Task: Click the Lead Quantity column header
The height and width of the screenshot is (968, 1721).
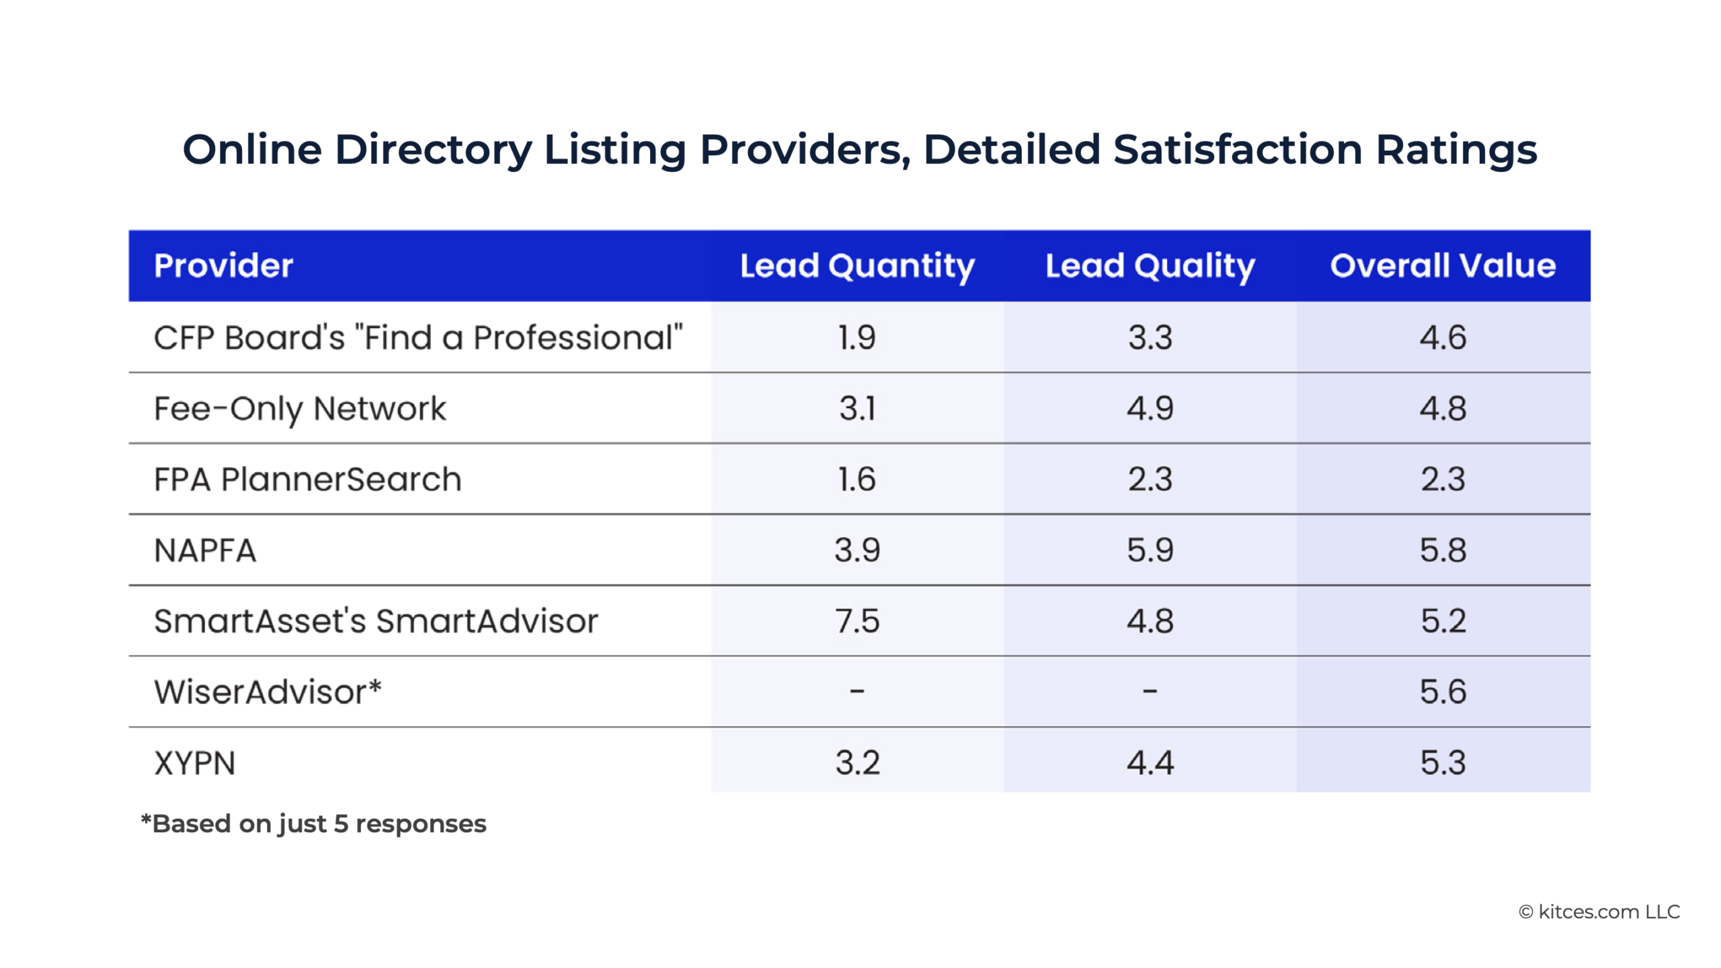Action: tap(857, 266)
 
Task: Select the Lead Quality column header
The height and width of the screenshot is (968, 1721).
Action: tap(1150, 266)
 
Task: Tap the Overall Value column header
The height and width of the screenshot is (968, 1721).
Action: tap(1443, 266)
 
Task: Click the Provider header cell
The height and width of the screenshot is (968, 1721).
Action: tap(223, 266)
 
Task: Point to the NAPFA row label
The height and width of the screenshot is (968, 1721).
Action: tap(205, 551)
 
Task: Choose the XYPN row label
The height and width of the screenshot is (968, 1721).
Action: tap(195, 763)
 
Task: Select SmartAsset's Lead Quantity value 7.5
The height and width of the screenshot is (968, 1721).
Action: tap(857, 621)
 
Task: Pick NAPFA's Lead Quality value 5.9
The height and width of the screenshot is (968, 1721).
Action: tap(1150, 551)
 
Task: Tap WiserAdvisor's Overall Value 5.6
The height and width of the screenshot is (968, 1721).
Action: tap(1443, 692)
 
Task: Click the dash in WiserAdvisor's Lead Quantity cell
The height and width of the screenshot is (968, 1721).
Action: tap(857, 691)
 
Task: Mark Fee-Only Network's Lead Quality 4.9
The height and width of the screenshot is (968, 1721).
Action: tap(1150, 409)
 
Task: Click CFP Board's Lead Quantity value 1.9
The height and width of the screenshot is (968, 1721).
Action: tap(857, 337)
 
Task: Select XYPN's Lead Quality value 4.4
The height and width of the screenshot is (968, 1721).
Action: tap(1150, 763)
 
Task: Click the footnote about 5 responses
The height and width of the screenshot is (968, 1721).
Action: tap(313, 824)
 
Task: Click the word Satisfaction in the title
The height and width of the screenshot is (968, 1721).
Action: tap(1237, 149)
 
